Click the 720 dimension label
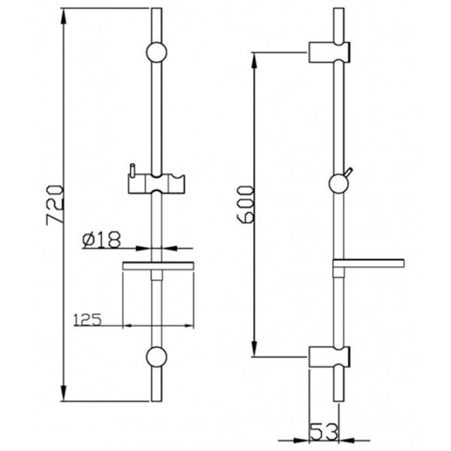click(x=55, y=205)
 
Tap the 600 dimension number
click(x=245, y=204)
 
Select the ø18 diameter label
click(x=101, y=240)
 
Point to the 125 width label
click(x=88, y=319)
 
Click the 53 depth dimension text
click(x=324, y=431)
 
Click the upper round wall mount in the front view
click(x=156, y=53)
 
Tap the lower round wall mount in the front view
click(x=156, y=357)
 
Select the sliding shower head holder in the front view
click(x=156, y=183)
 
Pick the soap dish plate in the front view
click(x=158, y=266)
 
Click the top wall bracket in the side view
click(x=329, y=52)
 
